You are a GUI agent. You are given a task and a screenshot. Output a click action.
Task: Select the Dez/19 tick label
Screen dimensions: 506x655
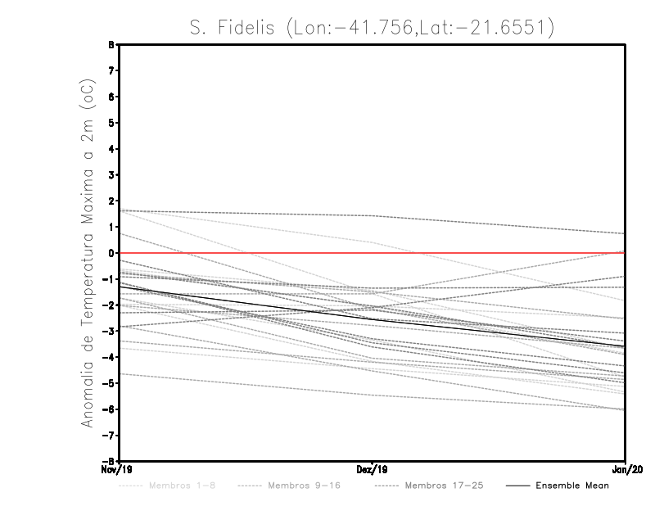(x=373, y=470)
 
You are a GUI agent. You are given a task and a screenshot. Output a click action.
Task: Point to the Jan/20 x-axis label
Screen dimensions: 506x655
(x=626, y=470)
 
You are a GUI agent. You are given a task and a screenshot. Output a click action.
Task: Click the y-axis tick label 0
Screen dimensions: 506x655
(x=110, y=253)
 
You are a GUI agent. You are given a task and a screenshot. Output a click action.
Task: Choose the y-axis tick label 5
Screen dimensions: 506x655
(x=110, y=123)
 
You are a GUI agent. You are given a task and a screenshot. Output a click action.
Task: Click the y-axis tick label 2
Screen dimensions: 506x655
(x=110, y=201)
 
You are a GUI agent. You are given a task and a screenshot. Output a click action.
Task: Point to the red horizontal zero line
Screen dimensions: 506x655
(x=491, y=253)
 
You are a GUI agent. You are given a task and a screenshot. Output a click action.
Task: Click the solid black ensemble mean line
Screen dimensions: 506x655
(x=246, y=302)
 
